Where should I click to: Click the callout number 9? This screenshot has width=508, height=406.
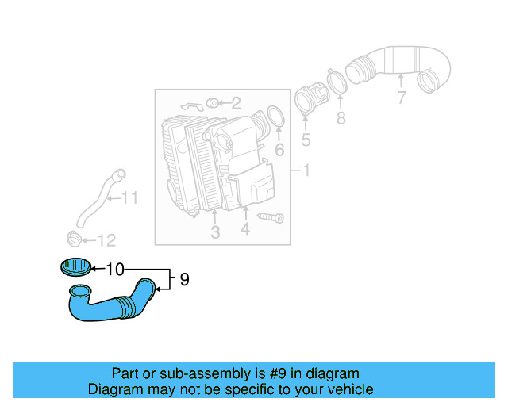pyautogui.click(x=184, y=279)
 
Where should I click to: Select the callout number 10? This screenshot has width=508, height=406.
pyautogui.click(x=114, y=270)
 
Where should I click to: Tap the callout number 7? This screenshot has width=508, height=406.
pyautogui.click(x=401, y=98)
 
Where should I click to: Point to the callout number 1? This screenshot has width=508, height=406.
pyautogui.click(x=306, y=170)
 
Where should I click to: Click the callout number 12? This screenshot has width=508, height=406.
pyautogui.click(x=106, y=240)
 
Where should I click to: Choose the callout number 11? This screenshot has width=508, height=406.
pyautogui.click(x=129, y=198)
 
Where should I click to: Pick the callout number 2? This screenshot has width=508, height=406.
pyautogui.click(x=236, y=102)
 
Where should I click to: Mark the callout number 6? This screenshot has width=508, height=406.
pyautogui.click(x=279, y=150)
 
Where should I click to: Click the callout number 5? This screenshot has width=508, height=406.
pyautogui.click(x=306, y=142)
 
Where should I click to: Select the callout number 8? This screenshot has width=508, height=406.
pyautogui.click(x=341, y=119)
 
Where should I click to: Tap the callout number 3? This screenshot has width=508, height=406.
pyautogui.click(x=215, y=232)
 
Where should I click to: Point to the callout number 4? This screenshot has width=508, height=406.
pyautogui.click(x=245, y=230)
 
